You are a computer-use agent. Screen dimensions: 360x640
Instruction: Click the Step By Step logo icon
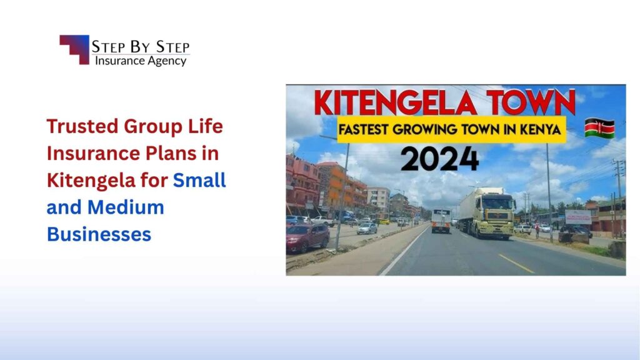[74, 49]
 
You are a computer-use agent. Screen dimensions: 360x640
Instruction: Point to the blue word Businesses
[99, 234]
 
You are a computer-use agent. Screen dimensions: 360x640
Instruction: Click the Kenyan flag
[599, 127]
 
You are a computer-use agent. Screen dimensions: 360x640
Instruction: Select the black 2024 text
[439, 159]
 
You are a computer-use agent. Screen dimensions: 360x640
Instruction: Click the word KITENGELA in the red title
[391, 102]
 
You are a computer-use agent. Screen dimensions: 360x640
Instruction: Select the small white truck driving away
[441, 220]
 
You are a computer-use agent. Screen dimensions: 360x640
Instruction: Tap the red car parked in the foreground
[307, 237]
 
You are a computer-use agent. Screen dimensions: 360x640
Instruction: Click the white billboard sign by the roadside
[578, 217]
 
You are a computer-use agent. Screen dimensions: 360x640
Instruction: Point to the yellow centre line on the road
[516, 263]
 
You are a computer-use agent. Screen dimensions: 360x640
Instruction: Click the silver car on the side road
[367, 228]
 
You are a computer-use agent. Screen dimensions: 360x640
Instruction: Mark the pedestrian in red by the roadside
[537, 231]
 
